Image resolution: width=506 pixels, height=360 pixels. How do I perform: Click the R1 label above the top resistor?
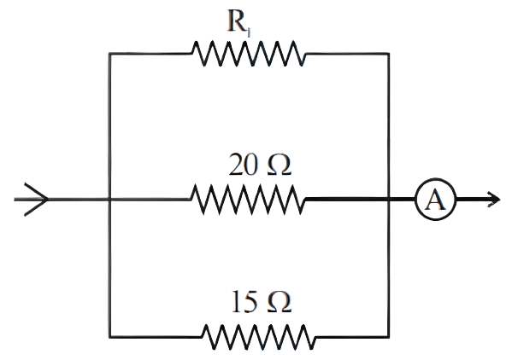238,22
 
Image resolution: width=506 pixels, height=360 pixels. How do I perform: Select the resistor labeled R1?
248,54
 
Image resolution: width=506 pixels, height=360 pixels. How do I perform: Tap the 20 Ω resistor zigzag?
248,200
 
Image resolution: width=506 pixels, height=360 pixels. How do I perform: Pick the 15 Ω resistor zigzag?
258,337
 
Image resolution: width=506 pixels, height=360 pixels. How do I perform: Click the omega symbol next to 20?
279,165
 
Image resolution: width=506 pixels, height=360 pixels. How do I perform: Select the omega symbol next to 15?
279,302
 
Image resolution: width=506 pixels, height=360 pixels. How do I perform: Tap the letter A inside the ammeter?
435,200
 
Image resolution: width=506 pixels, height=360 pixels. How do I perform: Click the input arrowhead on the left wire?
36,200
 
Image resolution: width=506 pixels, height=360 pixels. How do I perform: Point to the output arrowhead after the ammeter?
494,200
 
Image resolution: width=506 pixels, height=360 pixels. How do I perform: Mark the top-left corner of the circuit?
109,54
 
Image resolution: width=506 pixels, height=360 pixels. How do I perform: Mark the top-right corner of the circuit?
389,54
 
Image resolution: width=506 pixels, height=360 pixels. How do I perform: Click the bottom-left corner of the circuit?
109,337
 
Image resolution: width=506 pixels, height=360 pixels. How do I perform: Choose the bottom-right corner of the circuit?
389,337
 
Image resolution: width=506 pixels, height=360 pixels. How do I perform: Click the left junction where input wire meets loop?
109,200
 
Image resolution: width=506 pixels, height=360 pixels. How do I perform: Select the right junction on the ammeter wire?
389,200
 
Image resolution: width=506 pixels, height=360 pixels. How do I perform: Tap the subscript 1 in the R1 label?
248,32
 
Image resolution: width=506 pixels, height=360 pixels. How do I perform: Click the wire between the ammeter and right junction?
402,200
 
